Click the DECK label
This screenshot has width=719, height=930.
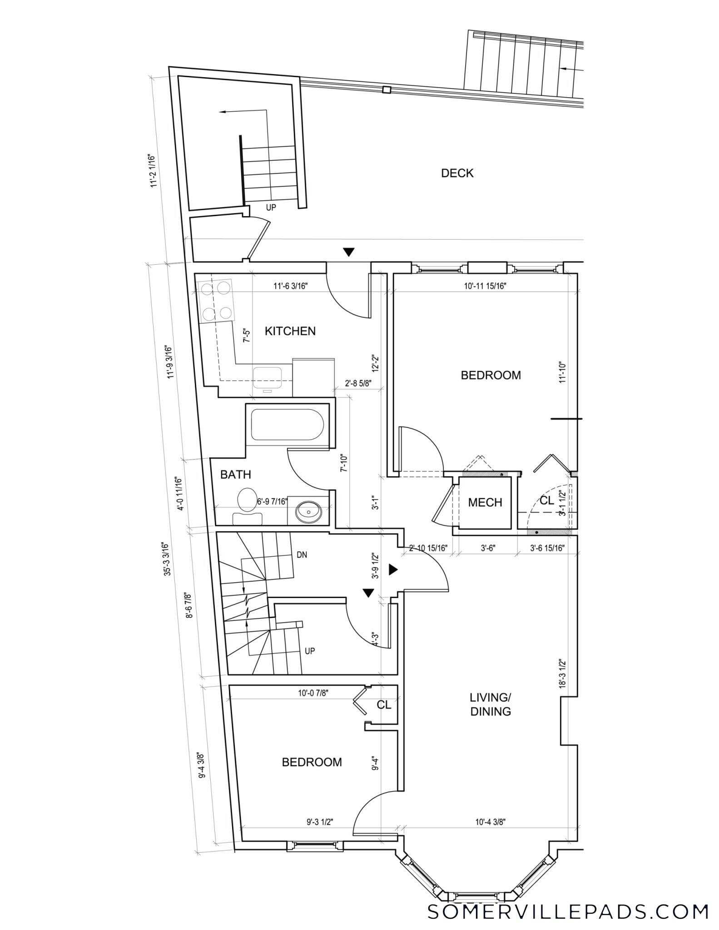457,173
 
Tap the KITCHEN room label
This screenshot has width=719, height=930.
290,331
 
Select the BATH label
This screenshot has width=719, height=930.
236,475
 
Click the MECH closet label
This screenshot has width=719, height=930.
485,502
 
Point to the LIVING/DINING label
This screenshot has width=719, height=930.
491,704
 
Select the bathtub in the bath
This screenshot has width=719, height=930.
288,425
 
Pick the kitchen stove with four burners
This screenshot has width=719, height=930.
216,301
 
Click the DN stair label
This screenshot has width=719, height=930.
302,554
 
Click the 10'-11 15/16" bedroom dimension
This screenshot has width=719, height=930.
485,286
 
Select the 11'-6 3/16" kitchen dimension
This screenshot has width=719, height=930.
291,286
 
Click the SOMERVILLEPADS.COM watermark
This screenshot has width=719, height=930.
568,911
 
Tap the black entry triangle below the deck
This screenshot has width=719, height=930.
348,252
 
